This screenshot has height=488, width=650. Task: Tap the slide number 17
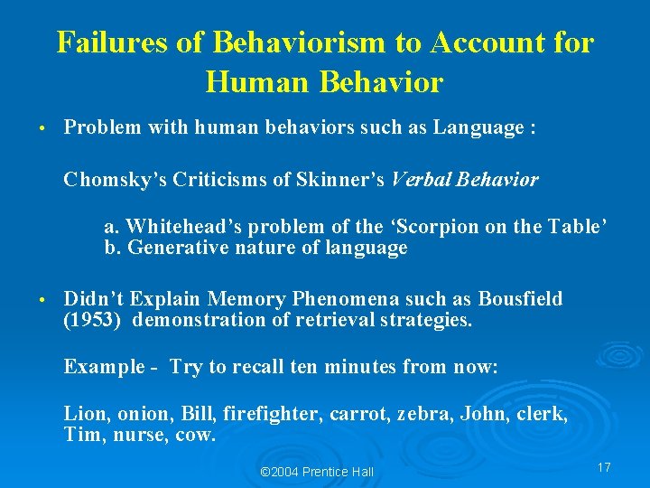[604, 467]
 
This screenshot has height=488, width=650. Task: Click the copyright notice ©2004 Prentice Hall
[317, 472]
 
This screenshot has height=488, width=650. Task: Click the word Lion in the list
[82, 415]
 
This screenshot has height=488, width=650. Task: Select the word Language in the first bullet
[474, 128]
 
